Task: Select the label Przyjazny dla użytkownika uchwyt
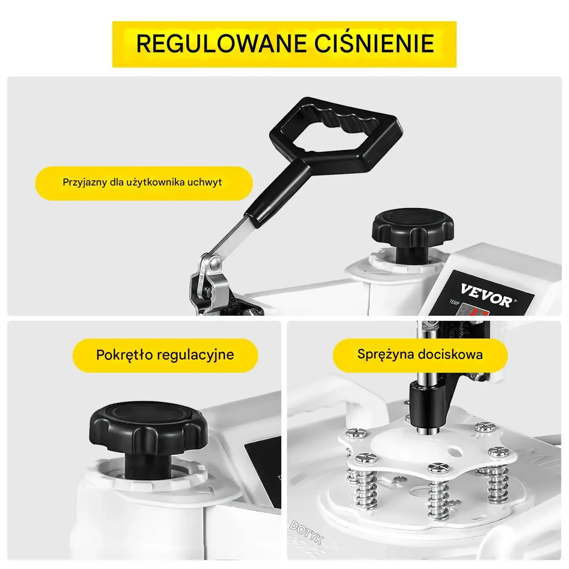pos(142,182)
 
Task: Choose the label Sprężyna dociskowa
pos(420,355)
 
